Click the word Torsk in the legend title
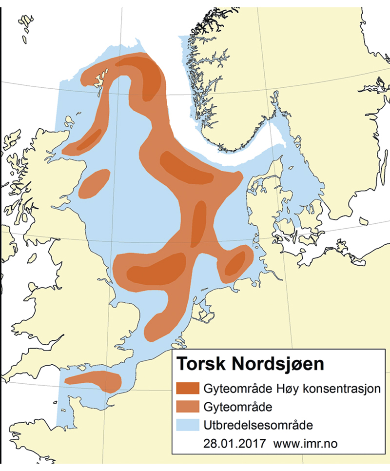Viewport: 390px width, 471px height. [x=198, y=364]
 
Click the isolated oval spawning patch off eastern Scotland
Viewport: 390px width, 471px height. [x=94, y=183]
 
